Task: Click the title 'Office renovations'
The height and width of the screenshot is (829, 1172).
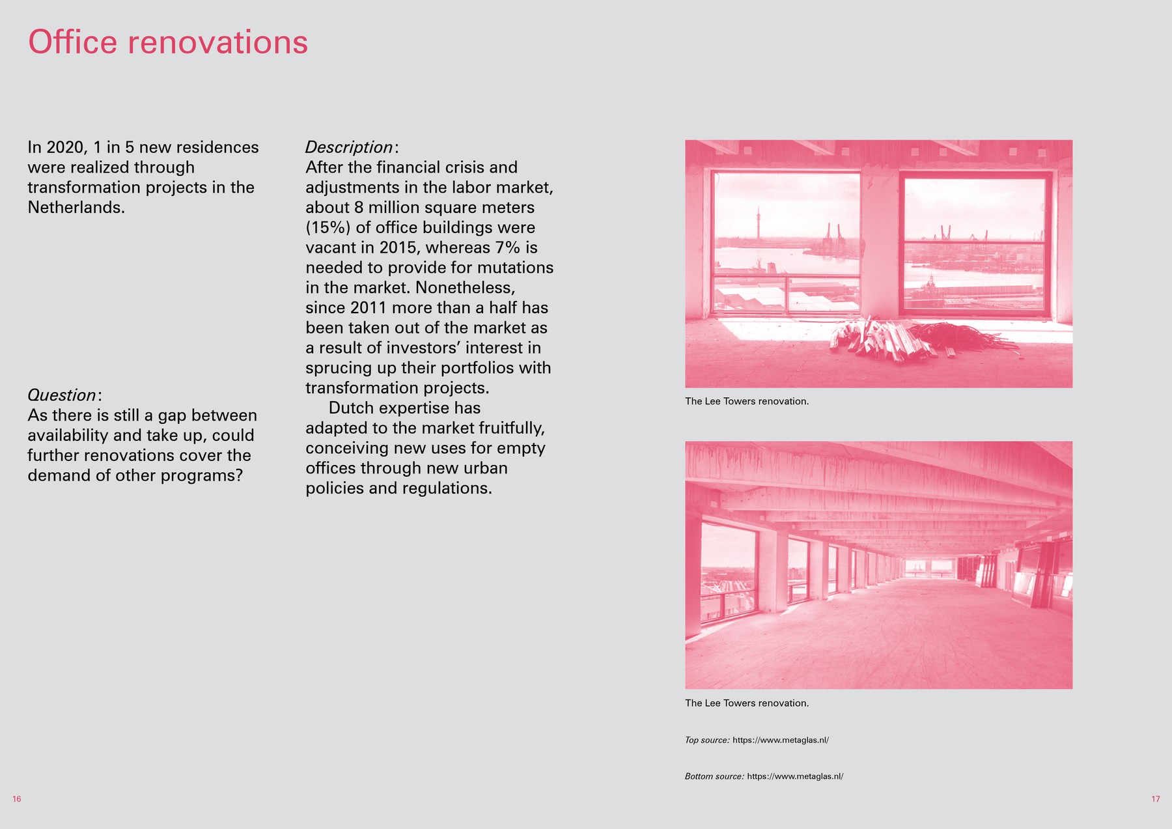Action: click(168, 42)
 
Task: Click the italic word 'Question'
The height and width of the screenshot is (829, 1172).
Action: click(62, 395)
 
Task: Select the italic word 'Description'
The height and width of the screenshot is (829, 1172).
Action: click(349, 147)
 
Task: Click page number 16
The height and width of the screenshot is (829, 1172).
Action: click(17, 799)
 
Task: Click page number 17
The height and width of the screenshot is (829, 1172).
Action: click(1156, 799)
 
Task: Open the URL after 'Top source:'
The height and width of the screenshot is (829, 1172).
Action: click(781, 740)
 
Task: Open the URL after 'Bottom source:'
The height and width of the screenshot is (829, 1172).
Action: click(795, 776)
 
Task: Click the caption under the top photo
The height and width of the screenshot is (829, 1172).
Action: click(747, 401)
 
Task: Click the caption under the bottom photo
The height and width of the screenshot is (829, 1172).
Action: click(747, 703)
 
